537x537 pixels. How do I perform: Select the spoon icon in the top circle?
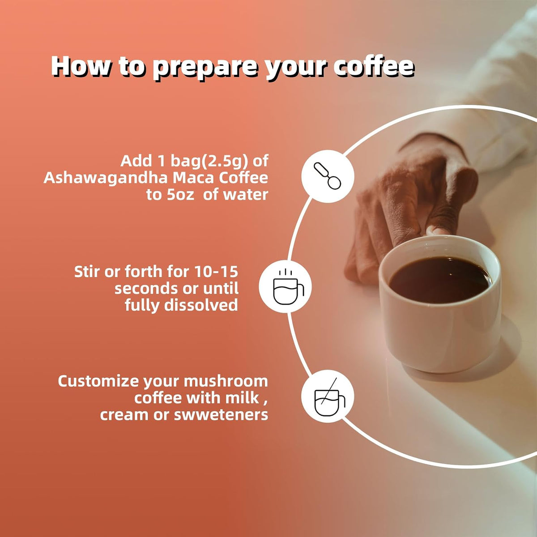coord(328,176)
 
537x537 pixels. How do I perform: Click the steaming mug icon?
coord(288,287)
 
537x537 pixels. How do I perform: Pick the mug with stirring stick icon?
coord(329,396)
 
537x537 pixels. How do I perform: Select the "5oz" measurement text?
coord(181,195)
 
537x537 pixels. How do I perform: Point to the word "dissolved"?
coord(201,305)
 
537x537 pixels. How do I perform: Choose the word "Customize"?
coord(98,381)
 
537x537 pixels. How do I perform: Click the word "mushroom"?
coord(226,381)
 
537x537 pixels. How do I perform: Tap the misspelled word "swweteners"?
coord(221,415)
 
